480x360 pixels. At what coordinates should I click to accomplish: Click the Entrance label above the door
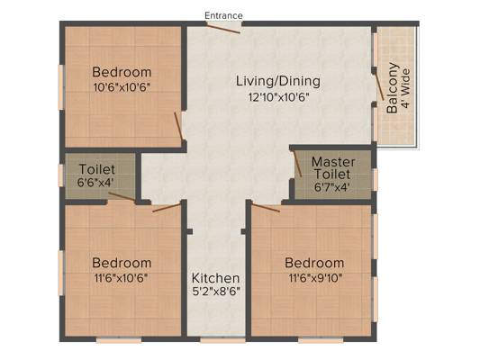point(223,15)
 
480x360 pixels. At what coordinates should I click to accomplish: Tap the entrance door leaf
point(222,28)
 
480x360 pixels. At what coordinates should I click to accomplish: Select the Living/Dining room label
point(278,81)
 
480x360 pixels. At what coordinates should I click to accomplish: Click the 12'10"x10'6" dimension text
point(278,97)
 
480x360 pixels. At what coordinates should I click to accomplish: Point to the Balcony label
point(392,88)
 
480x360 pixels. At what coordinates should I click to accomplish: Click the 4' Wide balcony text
point(405,89)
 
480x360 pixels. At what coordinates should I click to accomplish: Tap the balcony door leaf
point(380,86)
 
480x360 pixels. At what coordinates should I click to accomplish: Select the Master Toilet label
point(332,168)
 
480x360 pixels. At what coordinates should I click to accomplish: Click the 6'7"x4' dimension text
point(331,187)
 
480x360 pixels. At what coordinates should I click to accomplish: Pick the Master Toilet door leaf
point(297,164)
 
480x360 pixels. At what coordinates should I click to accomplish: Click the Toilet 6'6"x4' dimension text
point(95,183)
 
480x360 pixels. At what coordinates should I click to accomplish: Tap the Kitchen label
point(215,278)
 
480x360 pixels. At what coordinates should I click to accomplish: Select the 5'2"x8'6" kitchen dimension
point(216,292)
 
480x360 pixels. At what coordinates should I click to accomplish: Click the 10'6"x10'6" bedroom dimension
point(122,88)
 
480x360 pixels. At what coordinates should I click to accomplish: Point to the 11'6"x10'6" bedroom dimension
point(122,278)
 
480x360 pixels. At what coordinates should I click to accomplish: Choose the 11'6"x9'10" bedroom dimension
point(315,278)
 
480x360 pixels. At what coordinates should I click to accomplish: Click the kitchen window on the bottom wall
point(222,339)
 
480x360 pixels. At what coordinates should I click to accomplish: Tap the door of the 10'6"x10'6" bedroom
point(179,126)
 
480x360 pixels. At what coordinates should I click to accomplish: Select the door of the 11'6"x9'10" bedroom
point(266,208)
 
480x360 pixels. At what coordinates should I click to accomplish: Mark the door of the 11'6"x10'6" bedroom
point(167,207)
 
